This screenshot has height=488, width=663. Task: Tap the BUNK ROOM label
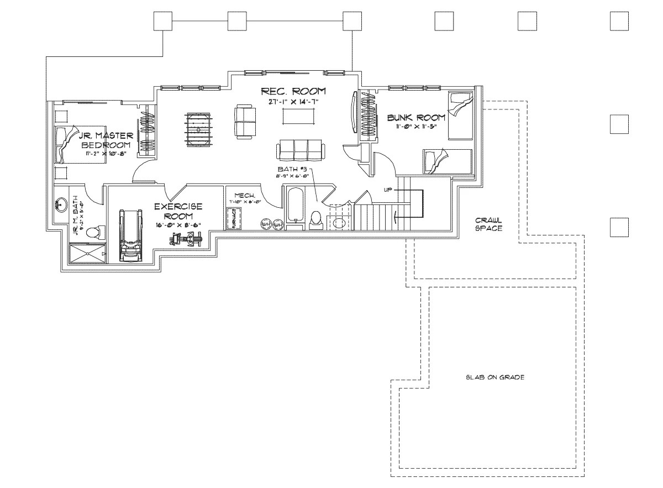416,118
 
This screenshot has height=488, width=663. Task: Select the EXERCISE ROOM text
178,211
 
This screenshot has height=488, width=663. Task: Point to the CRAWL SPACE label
488,224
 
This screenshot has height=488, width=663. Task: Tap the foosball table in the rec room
197,129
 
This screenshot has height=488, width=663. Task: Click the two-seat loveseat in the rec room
245,122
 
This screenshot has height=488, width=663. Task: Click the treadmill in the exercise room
130,235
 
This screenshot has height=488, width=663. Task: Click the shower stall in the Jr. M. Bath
87,253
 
